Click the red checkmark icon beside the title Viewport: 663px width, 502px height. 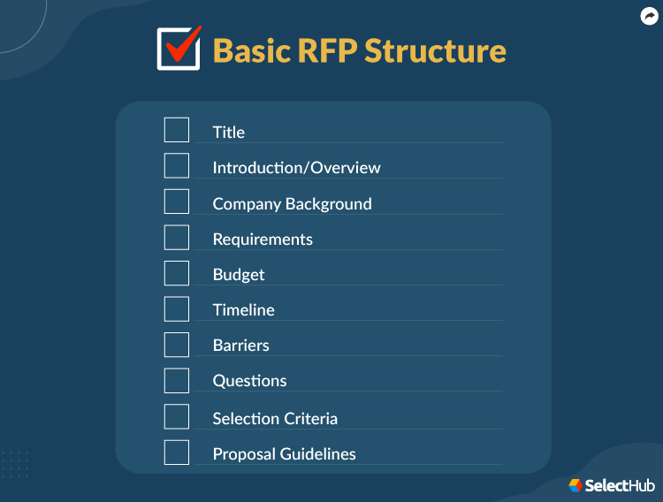pos(179,48)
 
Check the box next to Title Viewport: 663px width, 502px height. pos(177,130)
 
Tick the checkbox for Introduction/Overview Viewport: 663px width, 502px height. pos(177,165)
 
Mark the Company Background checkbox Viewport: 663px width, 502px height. pos(177,202)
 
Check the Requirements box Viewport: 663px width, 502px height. pos(177,237)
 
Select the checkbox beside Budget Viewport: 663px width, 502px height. pos(177,272)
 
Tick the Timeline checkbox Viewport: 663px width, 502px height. pos(177,308)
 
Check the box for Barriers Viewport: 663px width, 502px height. pos(177,344)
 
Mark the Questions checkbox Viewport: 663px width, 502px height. pos(177,380)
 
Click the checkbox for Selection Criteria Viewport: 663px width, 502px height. pos(177,416)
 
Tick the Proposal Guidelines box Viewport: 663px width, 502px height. pos(177,452)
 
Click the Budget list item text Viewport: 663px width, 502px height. pos(239,275)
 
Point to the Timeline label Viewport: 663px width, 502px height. pos(243,310)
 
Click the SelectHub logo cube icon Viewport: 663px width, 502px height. pos(575,485)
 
